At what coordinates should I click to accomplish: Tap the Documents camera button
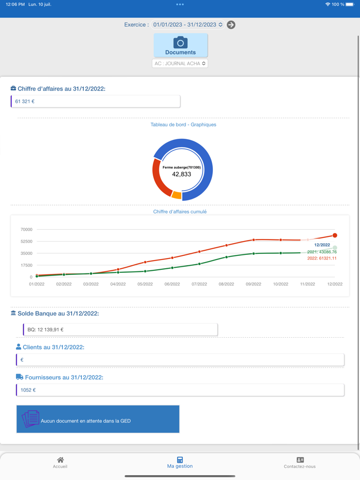coord(181,45)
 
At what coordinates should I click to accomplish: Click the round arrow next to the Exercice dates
coord(231,25)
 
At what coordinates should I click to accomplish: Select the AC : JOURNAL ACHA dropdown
coord(180,64)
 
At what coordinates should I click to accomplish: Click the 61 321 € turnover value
coord(25,101)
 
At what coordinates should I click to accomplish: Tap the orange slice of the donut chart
coord(176,195)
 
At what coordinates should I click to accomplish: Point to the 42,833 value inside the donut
coord(182,174)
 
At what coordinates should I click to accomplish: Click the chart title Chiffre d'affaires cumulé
coord(180,212)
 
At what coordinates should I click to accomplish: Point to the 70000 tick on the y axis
coord(26,229)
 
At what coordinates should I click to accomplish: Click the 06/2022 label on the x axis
coord(172,284)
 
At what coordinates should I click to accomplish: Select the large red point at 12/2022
coord(335,235)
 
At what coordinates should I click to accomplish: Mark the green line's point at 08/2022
coord(227,256)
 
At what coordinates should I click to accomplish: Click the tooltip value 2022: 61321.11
coord(322,259)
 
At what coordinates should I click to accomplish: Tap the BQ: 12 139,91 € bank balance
coord(46,329)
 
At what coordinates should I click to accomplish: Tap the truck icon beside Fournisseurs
coord(20,377)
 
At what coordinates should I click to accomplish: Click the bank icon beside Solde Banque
coord(13,313)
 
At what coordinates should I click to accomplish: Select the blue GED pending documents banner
coord(98,419)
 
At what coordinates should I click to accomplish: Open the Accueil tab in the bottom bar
coord(60,463)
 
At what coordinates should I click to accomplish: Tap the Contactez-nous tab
coord(300,463)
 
